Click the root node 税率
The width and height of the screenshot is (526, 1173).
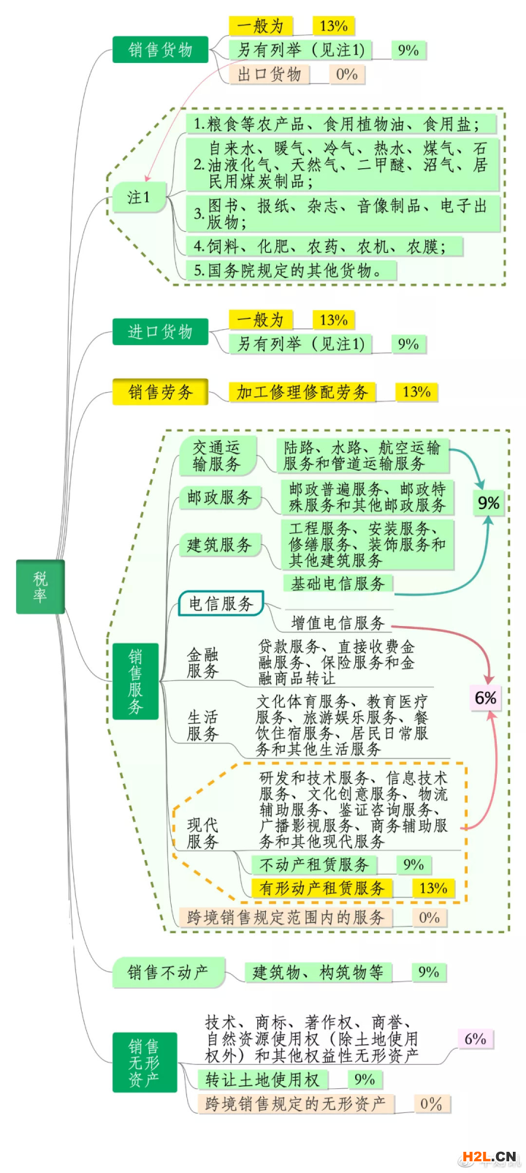coord(40,586)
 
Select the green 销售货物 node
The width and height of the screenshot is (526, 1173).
coord(160,50)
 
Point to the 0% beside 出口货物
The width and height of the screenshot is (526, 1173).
coord(347,74)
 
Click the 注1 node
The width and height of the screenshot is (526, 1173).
coord(139,197)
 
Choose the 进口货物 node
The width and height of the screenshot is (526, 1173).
coord(160,332)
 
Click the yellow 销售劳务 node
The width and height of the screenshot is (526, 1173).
coord(160,392)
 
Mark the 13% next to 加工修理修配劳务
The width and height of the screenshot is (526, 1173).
coord(416,392)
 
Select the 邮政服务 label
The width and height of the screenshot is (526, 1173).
coord(219,498)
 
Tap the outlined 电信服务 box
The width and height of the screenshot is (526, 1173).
coord(221,603)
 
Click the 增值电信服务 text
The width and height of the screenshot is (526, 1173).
coord(338,622)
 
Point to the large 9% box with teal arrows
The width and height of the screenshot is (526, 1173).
coord(488,503)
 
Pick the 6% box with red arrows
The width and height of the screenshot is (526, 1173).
coord(486,698)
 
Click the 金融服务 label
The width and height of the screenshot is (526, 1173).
coord(202,663)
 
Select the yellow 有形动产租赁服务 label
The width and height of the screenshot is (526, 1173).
coord(321,888)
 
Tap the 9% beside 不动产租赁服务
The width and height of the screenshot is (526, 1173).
coord(413,864)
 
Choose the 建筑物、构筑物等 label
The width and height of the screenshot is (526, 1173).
coord(318,973)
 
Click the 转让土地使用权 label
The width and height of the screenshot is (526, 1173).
coord(262,1080)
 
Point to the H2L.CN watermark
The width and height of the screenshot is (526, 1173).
coord(488,1156)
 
